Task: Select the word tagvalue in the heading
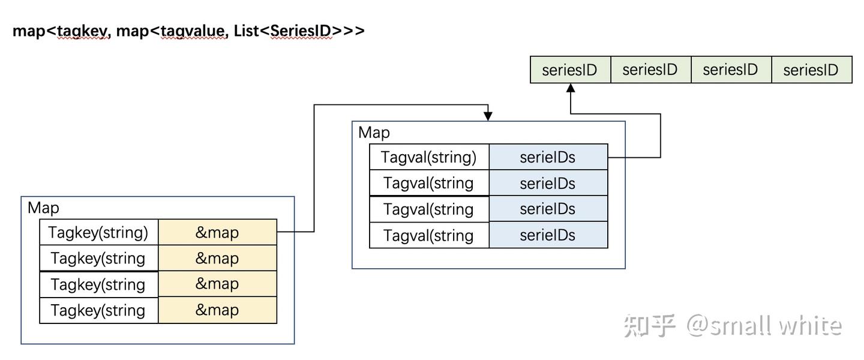pos(194,31)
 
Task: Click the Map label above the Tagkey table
pos(43,208)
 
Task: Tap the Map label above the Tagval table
pos(374,133)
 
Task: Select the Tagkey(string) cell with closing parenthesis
pos(98,232)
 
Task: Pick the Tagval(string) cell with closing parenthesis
pos(428,157)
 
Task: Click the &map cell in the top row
pos(217,232)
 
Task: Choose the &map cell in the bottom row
pos(217,310)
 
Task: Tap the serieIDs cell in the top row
pos(548,157)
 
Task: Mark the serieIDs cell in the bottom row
pos(548,235)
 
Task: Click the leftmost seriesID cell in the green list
pos(570,70)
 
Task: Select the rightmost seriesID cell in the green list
pos(811,70)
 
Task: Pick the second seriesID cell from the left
pos(650,70)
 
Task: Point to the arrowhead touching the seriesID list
pos(571,88)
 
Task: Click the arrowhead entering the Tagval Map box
pos(488,116)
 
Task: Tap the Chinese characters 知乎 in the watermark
pos(650,325)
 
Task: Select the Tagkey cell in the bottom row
pos(98,310)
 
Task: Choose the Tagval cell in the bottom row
pos(428,235)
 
